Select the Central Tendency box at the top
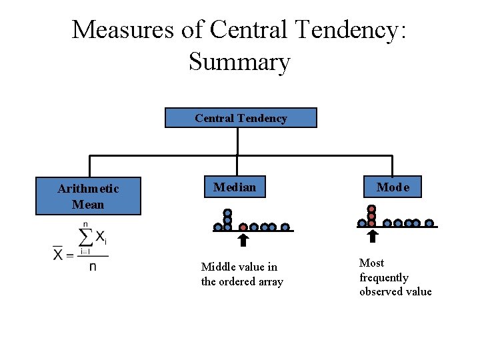click(241, 118)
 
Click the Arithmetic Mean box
click(88, 197)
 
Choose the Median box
click(234, 187)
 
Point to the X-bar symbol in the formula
click(59, 254)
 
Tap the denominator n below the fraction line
click(93, 267)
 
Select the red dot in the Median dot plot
click(243, 227)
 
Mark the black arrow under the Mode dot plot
click(372, 236)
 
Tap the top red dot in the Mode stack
click(371, 209)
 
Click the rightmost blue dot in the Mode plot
click(429, 223)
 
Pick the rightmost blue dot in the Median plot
click(285, 227)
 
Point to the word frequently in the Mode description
click(383, 277)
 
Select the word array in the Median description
click(269, 281)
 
